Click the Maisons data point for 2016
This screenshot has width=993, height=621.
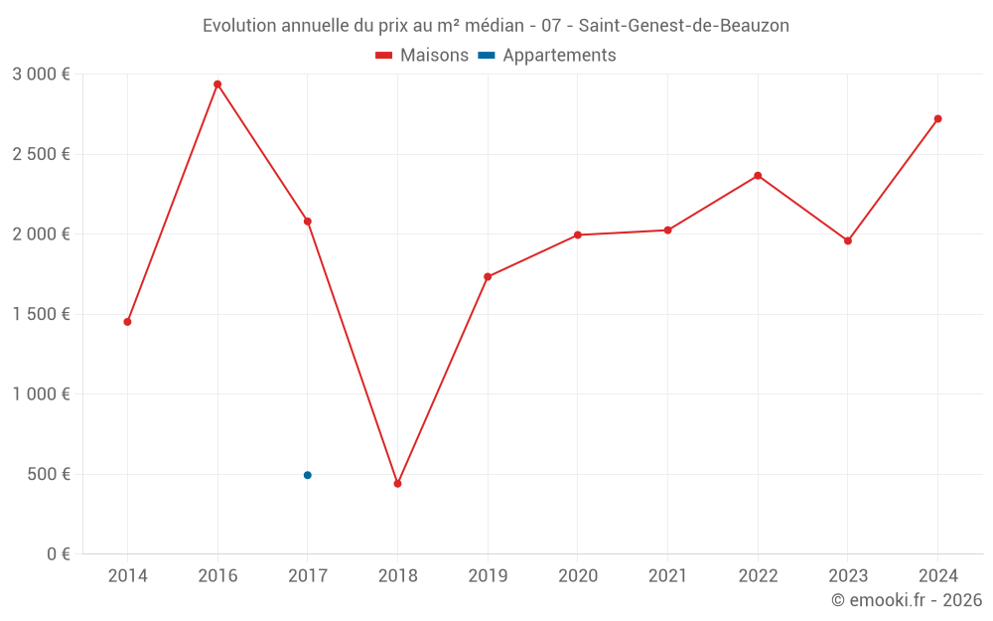[x=217, y=84]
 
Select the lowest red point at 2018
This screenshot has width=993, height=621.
[x=397, y=484]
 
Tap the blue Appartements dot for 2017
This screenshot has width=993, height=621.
[x=308, y=475]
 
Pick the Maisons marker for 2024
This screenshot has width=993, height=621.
[x=937, y=119]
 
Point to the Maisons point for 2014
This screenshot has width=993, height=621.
[x=127, y=322]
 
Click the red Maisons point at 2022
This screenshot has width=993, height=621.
[x=758, y=176]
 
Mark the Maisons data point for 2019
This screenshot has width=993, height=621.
[x=488, y=277]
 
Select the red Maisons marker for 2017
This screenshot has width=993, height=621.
[x=308, y=222]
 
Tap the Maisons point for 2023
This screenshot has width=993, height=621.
[x=848, y=240]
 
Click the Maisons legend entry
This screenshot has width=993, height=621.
[x=422, y=56]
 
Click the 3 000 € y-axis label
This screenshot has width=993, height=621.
[x=41, y=75]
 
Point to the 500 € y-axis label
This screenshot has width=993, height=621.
[x=47, y=474]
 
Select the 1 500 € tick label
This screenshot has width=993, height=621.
[x=41, y=314]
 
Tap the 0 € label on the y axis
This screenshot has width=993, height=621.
[x=59, y=553]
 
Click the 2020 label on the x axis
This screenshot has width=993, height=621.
[x=578, y=575]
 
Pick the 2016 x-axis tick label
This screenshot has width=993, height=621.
[x=217, y=575]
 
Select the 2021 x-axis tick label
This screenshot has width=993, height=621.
[x=667, y=575]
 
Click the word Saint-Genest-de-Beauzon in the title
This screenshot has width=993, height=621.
[x=684, y=26]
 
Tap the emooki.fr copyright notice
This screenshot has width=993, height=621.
[x=907, y=600]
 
